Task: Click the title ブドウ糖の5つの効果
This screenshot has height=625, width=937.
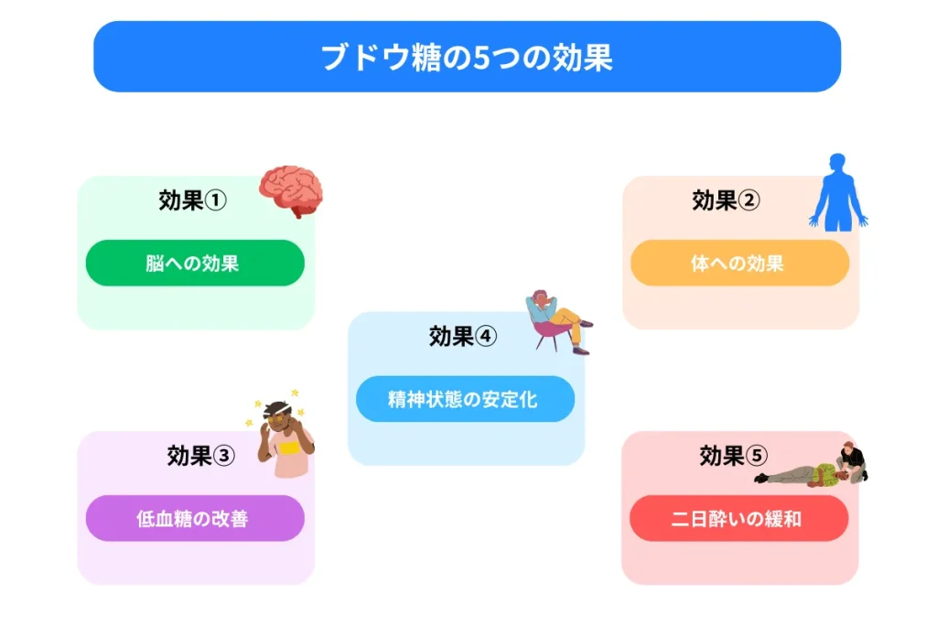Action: [x=467, y=58]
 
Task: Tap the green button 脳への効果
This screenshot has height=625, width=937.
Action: [x=195, y=264]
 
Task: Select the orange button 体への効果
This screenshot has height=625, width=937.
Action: [x=739, y=264]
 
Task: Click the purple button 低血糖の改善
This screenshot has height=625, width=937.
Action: [x=195, y=519]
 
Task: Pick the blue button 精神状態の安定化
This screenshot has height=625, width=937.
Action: [x=465, y=399]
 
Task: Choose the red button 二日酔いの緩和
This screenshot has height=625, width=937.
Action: [x=738, y=519]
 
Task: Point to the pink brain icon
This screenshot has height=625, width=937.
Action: [x=290, y=189]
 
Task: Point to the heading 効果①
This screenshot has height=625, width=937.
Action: [x=192, y=200]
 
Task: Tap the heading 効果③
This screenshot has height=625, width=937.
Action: [x=201, y=456]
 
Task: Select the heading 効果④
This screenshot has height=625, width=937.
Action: [x=462, y=337]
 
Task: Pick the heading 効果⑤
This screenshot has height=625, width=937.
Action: [x=733, y=456]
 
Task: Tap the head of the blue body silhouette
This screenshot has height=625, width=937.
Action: [x=838, y=162]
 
